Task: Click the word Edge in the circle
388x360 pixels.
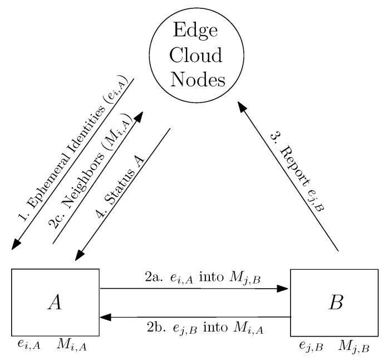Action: pyautogui.click(x=194, y=28)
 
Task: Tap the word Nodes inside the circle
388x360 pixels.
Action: pyautogui.click(x=194, y=79)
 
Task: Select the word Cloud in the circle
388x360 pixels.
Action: pyautogui.click(x=194, y=53)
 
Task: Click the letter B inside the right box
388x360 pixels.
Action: pyautogui.click(x=335, y=304)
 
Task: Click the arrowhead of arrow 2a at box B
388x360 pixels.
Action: pyautogui.click(x=284, y=289)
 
